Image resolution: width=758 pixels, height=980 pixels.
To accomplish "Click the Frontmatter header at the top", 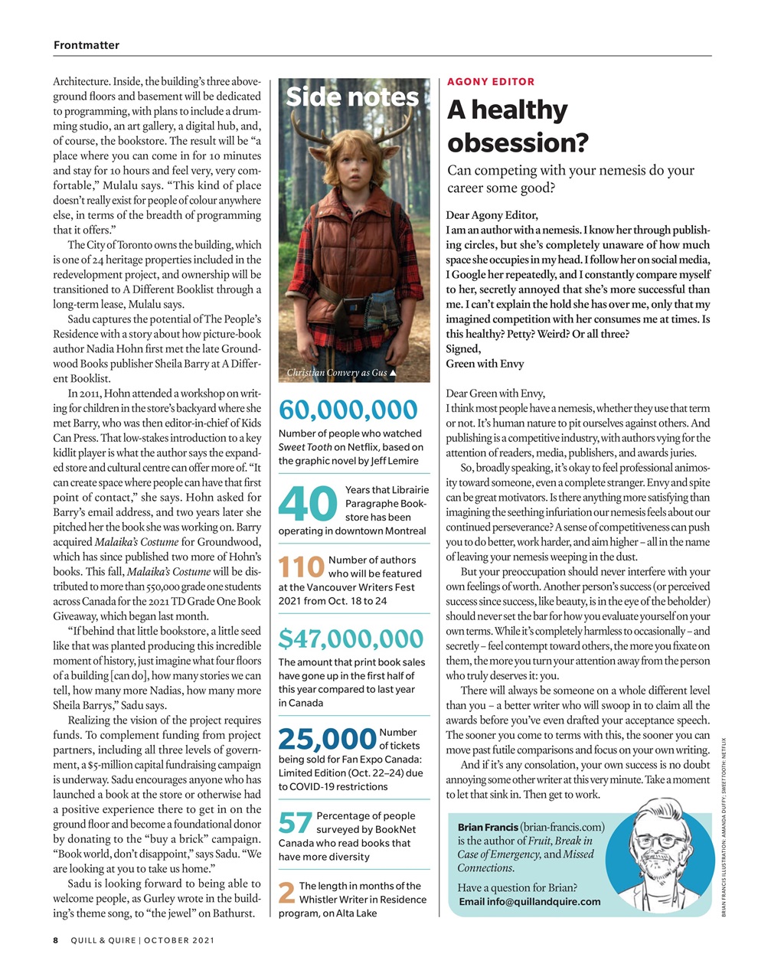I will pyautogui.click(x=86, y=45).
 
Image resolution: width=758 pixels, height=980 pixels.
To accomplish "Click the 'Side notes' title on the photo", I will pyautogui.click(x=352, y=97).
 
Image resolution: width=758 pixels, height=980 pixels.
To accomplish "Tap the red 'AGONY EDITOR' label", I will pyautogui.click(x=491, y=81).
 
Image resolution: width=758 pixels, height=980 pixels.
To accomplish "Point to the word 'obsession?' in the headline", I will pyautogui.click(x=518, y=142).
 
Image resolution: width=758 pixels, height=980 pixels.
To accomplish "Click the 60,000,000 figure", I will pyautogui.click(x=348, y=410).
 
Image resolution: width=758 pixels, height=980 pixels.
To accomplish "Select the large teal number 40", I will pyautogui.click(x=308, y=503).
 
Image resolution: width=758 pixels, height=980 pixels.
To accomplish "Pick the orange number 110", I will pyautogui.click(x=301, y=567).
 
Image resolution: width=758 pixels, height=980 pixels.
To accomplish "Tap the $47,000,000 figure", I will pyautogui.click(x=351, y=638).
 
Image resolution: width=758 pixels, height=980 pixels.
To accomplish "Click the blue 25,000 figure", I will pyautogui.click(x=327, y=739).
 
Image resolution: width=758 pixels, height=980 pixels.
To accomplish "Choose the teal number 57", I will pyautogui.click(x=295, y=823).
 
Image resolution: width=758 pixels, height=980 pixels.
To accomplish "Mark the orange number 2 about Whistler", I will pyautogui.click(x=286, y=893).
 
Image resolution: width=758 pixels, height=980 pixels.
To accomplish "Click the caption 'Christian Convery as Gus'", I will pyautogui.click(x=337, y=373).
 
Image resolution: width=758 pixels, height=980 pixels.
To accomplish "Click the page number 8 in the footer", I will pyautogui.click(x=56, y=940).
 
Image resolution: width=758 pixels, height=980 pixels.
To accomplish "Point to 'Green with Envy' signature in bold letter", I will pyautogui.click(x=485, y=364).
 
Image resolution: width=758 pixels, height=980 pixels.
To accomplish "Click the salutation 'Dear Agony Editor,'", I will pyautogui.click(x=492, y=215).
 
